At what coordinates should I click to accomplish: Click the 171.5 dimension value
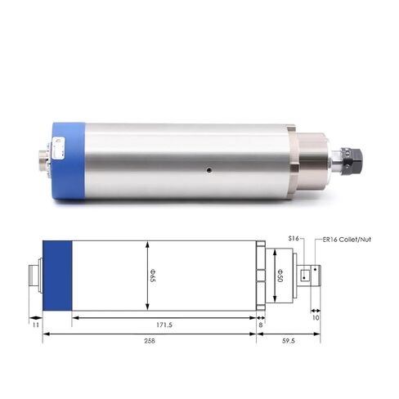point(164,325)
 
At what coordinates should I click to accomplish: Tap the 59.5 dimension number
point(289,340)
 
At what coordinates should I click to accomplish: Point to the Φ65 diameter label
point(152,276)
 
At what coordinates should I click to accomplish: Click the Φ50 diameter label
point(279,274)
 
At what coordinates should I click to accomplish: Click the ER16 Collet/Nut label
point(335,238)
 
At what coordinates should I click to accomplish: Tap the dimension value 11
point(34,325)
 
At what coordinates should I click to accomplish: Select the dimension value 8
point(260,325)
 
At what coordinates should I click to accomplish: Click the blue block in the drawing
point(57,276)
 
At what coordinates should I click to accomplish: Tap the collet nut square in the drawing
point(305,275)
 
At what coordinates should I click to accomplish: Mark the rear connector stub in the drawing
point(35,276)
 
